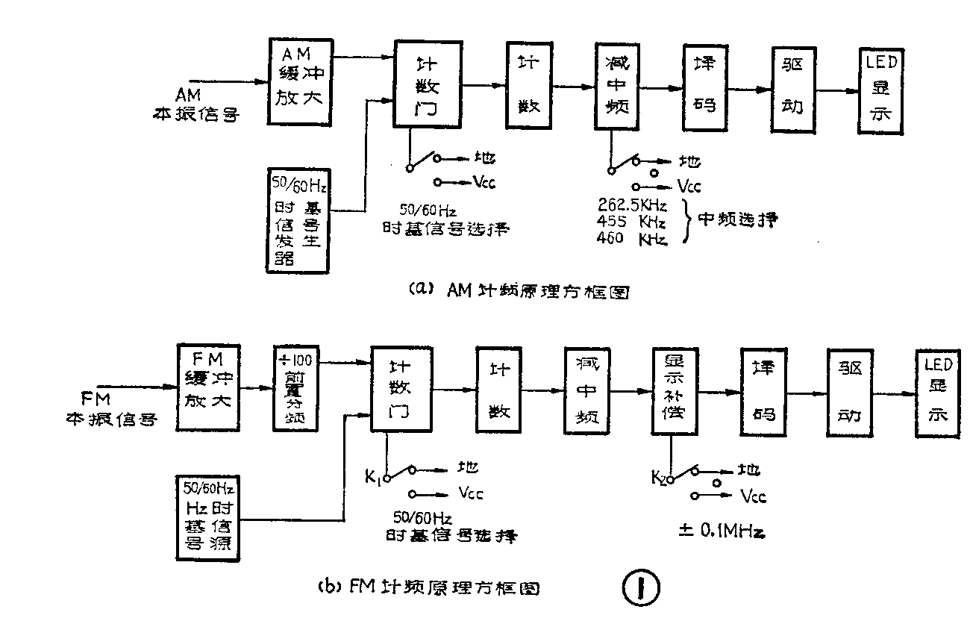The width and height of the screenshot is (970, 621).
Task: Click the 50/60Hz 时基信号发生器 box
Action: point(298,219)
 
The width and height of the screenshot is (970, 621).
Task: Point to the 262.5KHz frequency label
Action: point(632,205)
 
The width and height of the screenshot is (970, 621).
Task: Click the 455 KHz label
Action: point(632,221)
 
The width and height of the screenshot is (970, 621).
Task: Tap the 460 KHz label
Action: point(632,238)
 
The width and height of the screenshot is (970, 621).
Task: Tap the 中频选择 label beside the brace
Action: point(736,220)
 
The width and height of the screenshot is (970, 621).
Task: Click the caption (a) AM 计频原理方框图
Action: point(519,290)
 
